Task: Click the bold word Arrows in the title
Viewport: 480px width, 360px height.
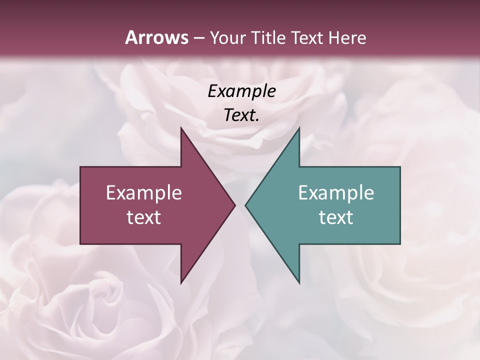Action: (x=156, y=38)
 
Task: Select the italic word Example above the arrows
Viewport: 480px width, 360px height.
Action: (x=241, y=91)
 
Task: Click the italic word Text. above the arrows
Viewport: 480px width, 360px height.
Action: (x=241, y=115)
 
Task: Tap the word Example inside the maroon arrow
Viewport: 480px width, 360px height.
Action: (x=143, y=193)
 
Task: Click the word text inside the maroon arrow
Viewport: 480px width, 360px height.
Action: (x=143, y=217)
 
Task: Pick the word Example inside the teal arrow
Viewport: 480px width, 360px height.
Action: (x=336, y=193)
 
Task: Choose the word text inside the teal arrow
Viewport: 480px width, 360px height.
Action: (x=336, y=217)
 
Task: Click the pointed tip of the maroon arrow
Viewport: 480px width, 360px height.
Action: (x=234, y=205)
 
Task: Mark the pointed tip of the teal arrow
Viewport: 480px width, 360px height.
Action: (x=245, y=205)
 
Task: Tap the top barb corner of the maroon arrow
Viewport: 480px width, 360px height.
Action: (x=181, y=128)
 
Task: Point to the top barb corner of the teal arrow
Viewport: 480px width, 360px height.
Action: (x=298, y=128)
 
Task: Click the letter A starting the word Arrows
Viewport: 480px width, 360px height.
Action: (x=131, y=38)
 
